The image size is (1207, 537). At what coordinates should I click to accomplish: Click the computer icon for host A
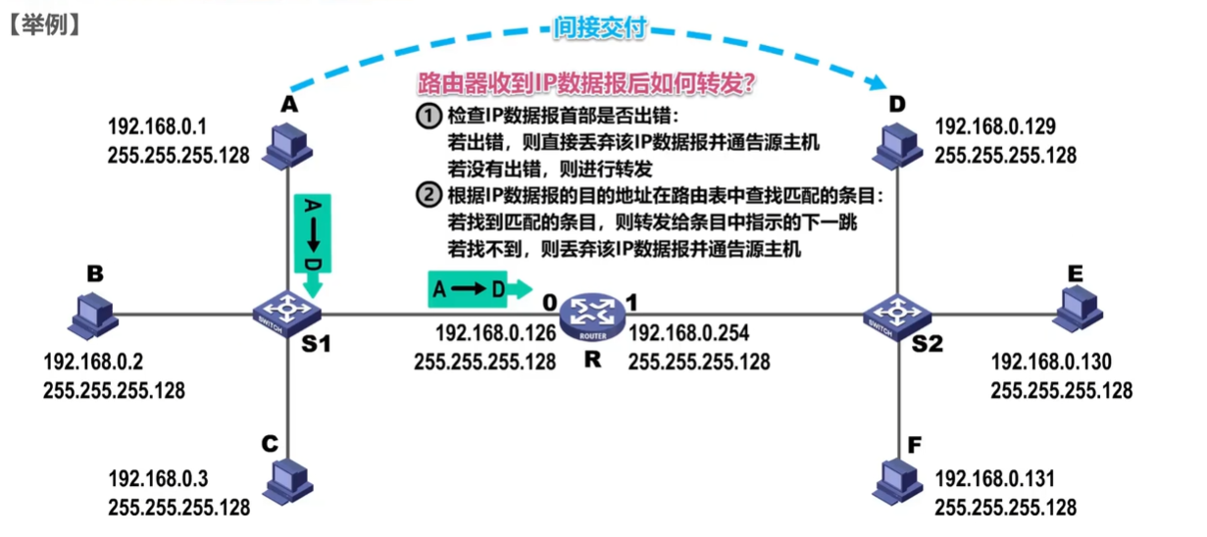pos(287,147)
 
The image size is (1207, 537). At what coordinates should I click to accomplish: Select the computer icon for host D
pos(897,147)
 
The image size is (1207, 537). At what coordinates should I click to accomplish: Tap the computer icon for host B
pos(93,317)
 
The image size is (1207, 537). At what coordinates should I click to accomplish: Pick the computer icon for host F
pos(897,481)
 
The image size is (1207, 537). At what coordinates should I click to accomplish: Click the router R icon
pos(592,317)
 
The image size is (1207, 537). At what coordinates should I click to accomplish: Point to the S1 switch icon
pos(286,314)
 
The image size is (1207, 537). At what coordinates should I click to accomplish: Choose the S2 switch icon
pos(897,317)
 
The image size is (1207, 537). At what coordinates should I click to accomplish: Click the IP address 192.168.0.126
pos(495,333)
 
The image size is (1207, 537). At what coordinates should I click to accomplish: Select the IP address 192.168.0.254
pos(688,333)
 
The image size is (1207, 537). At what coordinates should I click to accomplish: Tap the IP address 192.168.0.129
pos(994,126)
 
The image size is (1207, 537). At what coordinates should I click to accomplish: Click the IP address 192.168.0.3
pos(158,479)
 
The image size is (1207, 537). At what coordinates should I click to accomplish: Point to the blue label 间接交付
pos(600,27)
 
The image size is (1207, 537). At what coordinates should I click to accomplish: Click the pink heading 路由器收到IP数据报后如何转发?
pos(586,83)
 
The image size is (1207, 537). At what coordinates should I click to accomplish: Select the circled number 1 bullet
pos(428,116)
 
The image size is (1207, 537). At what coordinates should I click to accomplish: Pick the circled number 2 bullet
pos(428,194)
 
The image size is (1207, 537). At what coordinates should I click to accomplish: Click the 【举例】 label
pos(45,25)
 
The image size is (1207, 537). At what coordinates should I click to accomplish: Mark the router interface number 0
pos(550,303)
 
